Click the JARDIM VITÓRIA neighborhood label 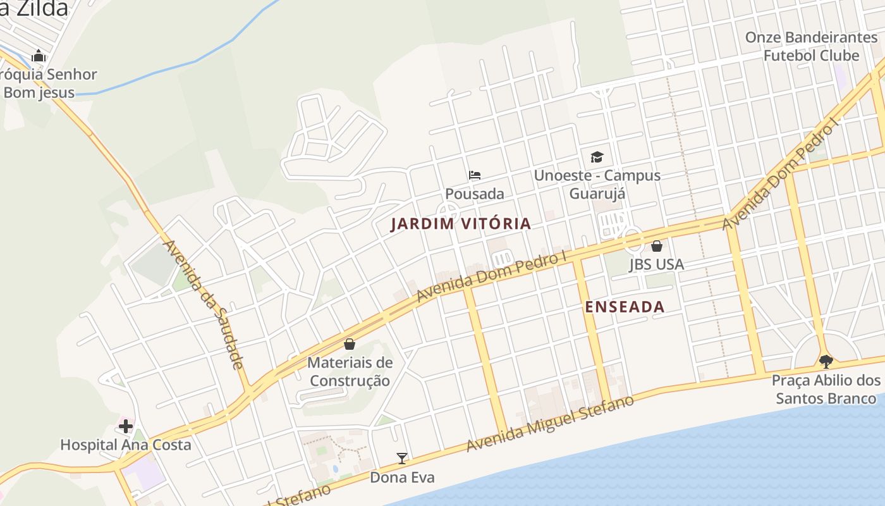(x=461, y=224)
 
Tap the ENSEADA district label (x=625, y=307)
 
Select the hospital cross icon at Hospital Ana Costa (x=126, y=426)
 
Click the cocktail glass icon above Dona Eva (x=401, y=459)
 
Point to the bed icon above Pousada (x=475, y=175)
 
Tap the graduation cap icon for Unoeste (x=597, y=157)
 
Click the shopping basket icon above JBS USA (x=657, y=246)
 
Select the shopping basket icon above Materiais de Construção (x=350, y=344)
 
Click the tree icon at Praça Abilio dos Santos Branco (x=826, y=362)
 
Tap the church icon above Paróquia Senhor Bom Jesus (x=39, y=56)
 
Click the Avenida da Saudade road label (x=204, y=304)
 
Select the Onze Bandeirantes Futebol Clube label (x=811, y=46)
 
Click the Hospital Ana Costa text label (x=125, y=445)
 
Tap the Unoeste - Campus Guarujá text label (x=597, y=184)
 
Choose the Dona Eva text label (x=402, y=478)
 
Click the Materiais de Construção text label (x=350, y=372)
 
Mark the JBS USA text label (x=656, y=264)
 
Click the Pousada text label (x=475, y=194)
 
